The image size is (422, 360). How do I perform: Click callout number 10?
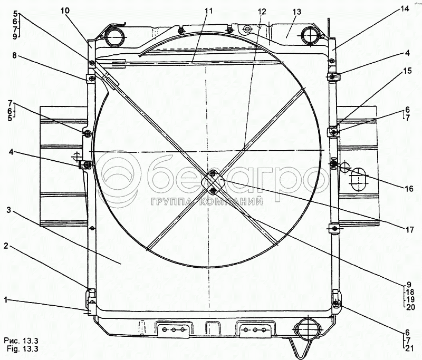coord(65,11)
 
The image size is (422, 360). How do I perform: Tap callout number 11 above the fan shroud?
coord(208,11)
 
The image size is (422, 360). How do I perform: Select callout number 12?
coord(261,12)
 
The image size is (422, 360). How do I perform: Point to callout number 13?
coord(296,12)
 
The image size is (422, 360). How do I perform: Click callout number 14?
coord(405,9)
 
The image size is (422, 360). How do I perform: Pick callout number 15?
coord(407,71)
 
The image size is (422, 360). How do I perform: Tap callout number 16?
coord(408,189)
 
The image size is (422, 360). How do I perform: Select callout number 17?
coord(409,230)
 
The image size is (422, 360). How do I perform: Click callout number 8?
coord(14,55)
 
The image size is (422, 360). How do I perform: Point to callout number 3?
coord(9,210)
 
